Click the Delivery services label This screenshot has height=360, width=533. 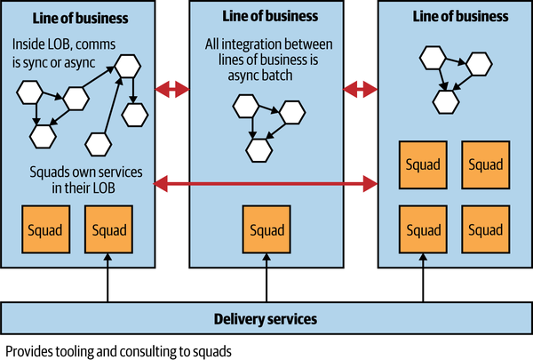[x=266, y=318]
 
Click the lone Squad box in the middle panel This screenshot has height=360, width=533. [x=267, y=230]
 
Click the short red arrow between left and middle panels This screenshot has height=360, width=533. [x=172, y=89]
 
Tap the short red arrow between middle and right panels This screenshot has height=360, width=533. [x=362, y=89]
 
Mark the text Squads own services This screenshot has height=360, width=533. [x=74, y=171]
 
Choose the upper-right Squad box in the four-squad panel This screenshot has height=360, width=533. [x=485, y=165]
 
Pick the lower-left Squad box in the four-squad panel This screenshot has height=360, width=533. [x=422, y=229]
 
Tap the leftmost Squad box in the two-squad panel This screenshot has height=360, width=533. [x=44, y=230]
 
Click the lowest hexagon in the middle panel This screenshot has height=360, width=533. [x=259, y=150]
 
